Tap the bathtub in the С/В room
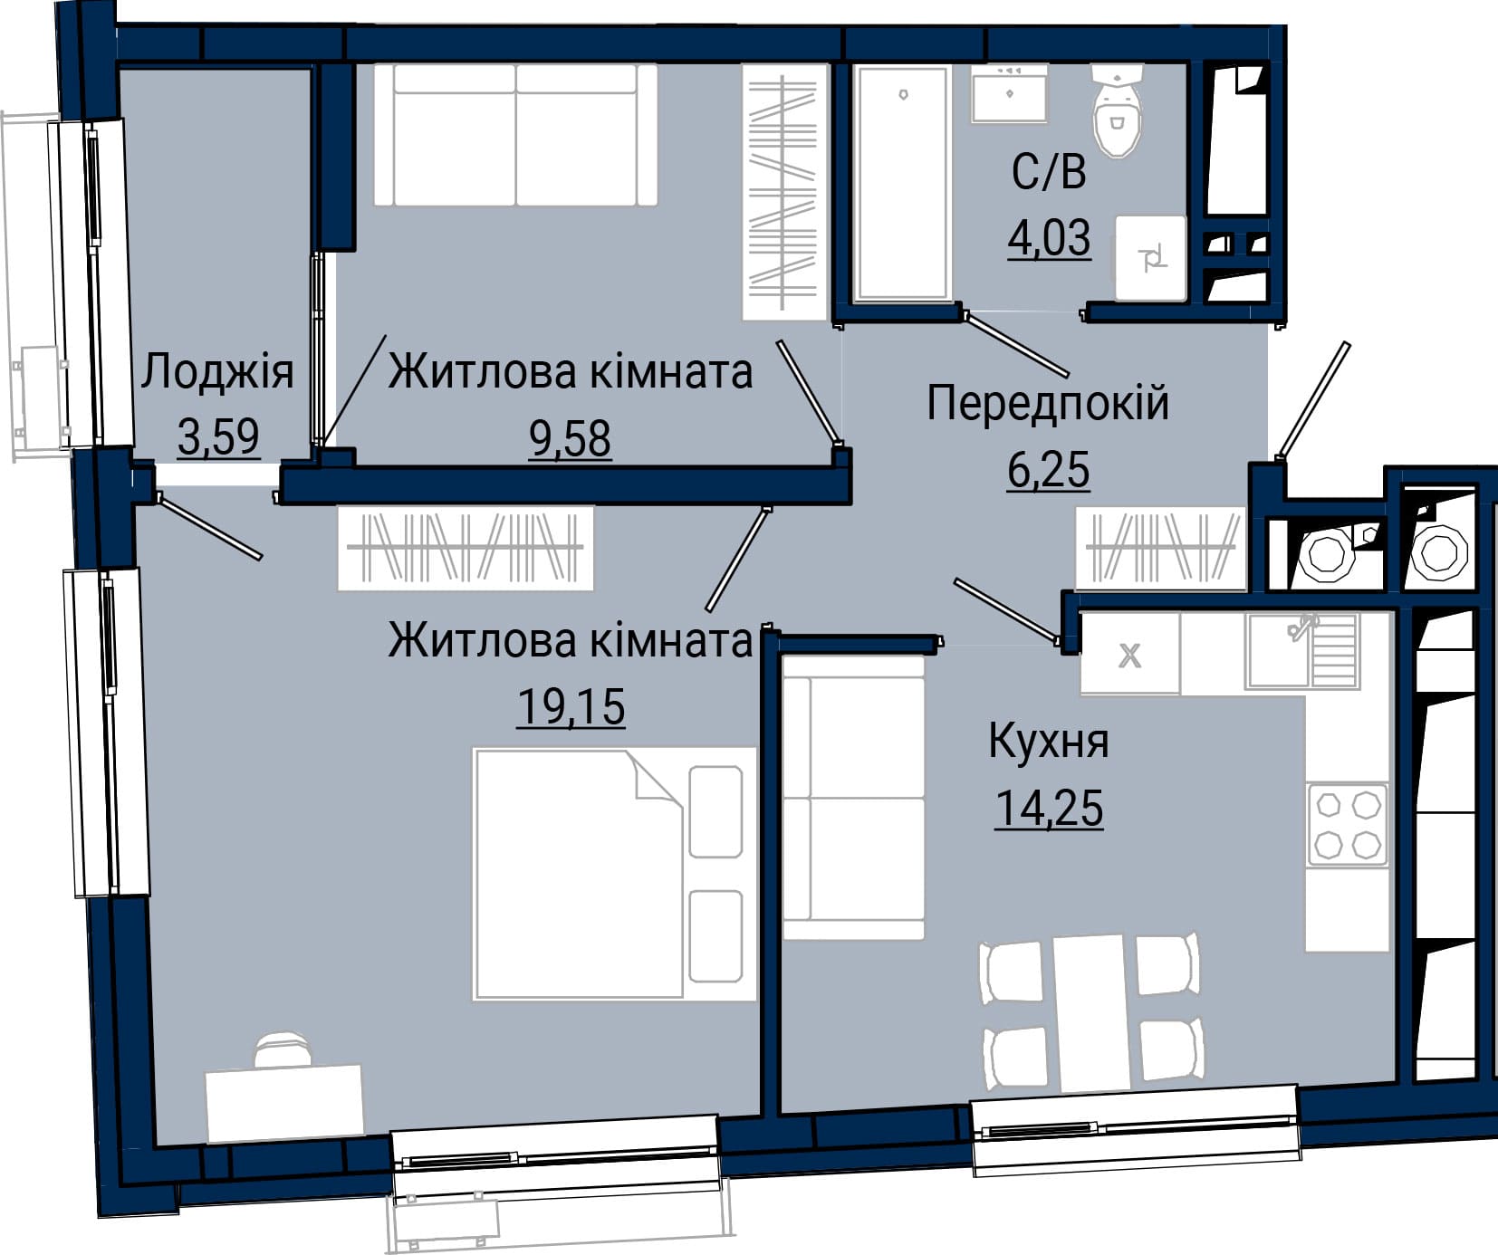coord(902,182)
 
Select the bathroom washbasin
coord(1009,92)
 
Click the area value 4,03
coord(1050,238)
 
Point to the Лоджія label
coord(217,371)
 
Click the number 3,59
coord(218,437)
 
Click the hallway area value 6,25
coord(1049,470)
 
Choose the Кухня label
coord(1049,741)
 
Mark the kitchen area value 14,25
coord(1049,808)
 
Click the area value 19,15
coord(571,706)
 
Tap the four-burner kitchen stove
coord(1348,824)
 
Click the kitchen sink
coord(1302,651)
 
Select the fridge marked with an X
coord(1130,654)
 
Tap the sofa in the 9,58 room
coord(515,135)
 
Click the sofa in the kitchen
coord(853,798)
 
